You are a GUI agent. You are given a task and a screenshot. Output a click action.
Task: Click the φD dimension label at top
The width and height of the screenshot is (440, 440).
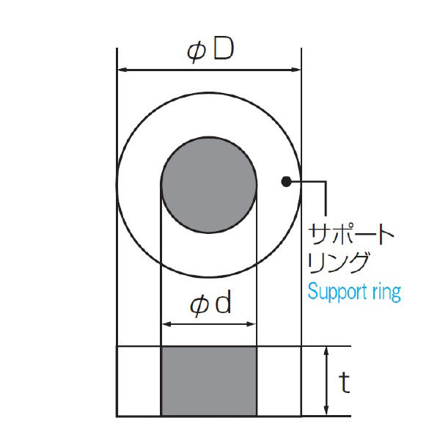coord(210,51)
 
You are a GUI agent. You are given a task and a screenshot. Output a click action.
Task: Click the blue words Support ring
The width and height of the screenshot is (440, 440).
coord(354,291)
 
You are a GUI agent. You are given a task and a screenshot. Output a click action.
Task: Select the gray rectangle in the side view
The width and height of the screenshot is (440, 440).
coord(209,381)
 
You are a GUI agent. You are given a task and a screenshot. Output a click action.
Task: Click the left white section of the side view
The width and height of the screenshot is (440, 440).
coord(139,381)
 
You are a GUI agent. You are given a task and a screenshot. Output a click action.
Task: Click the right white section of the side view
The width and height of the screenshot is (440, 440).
coord(279,381)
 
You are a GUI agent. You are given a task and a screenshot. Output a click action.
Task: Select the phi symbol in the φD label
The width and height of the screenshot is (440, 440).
coord(196,52)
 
